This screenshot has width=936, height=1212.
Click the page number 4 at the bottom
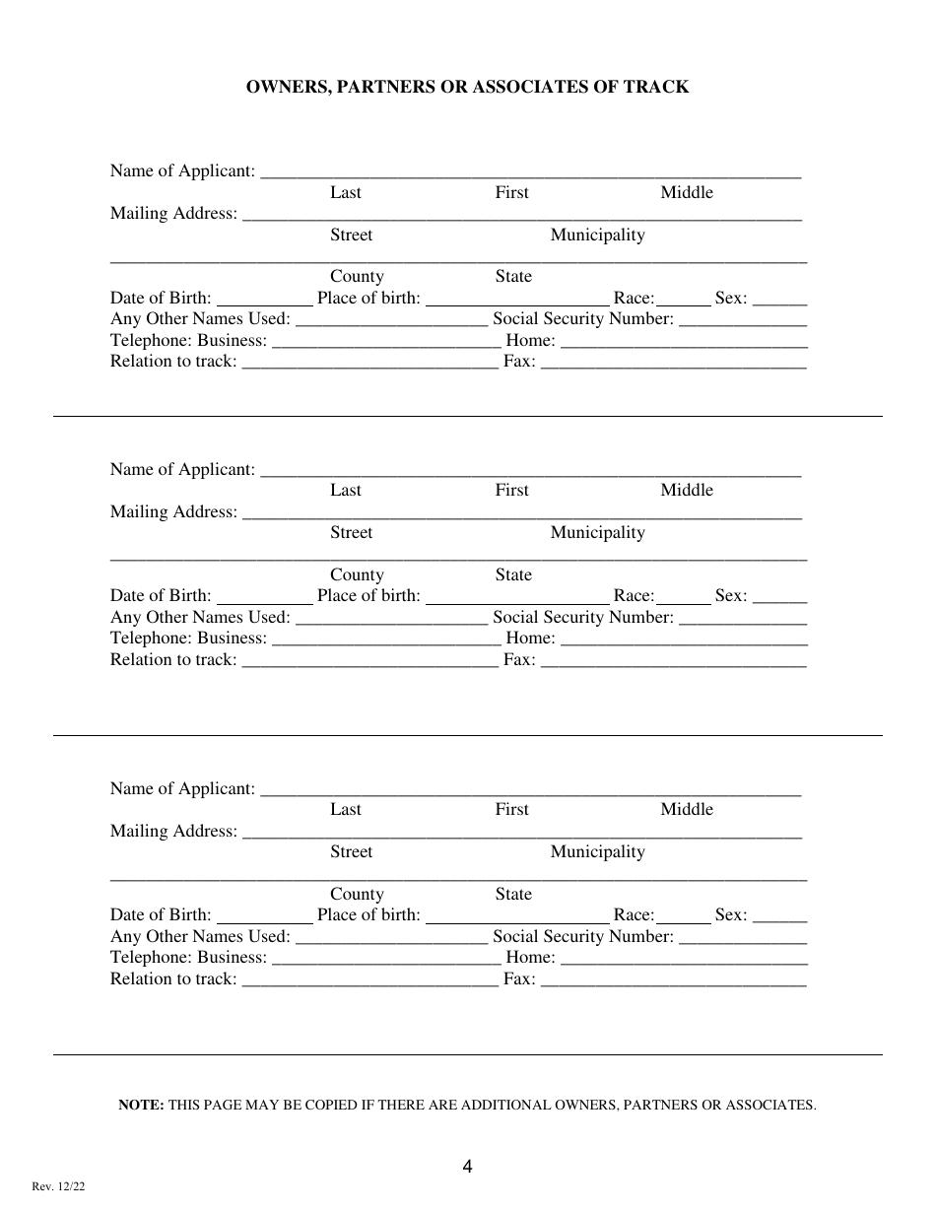coord(467,1168)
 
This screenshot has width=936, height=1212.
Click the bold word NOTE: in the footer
coord(141,1106)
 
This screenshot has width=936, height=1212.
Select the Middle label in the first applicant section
coord(686,193)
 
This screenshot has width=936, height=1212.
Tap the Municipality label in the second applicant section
coord(597,533)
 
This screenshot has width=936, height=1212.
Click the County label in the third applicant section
coord(357,895)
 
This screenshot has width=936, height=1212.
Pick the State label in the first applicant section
coord(512,277)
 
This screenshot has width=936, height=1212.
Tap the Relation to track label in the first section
coord(173,362)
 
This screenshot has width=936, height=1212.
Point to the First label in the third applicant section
coord(511,810)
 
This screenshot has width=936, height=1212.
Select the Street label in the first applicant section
coord(351,236)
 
